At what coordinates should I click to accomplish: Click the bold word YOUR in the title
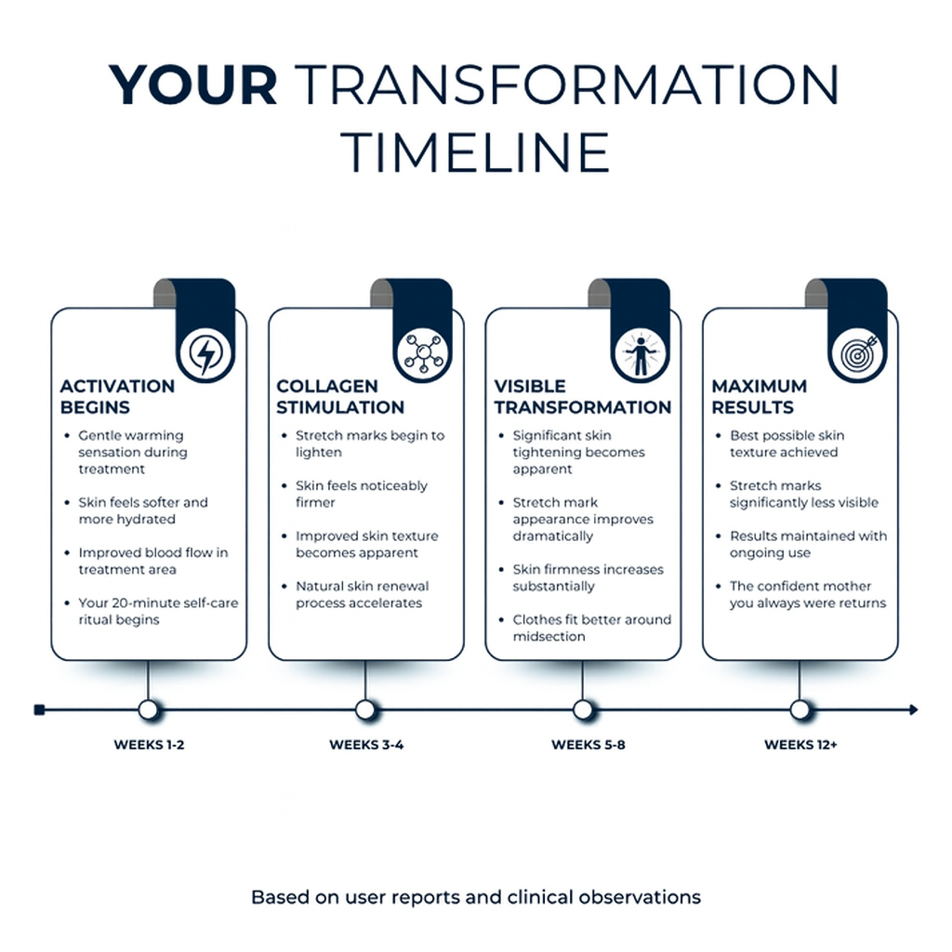193,85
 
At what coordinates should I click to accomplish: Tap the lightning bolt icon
205,354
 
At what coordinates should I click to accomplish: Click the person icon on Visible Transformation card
641,353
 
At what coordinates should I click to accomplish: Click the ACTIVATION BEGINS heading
117,396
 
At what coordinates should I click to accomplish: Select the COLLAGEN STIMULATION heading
340,396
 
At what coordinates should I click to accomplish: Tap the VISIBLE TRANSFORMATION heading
582,396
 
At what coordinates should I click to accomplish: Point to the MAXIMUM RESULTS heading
759,396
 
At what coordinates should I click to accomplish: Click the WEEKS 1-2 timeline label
149,745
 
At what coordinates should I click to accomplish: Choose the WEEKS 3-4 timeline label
366,745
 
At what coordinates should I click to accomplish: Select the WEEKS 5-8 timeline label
588,745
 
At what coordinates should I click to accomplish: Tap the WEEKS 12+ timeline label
800,745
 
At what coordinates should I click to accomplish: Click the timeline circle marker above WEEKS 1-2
148,709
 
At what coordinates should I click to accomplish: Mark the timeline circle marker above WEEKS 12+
800,709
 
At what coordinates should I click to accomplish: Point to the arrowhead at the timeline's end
913,709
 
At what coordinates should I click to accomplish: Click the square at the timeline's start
39,709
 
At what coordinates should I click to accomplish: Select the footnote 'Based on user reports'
476,897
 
